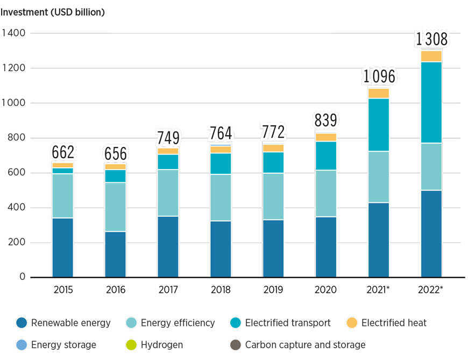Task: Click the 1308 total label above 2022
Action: pos(431,39)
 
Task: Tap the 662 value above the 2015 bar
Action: pos(63,152)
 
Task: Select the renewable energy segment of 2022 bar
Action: pos(431,234)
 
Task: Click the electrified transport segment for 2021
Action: pos(379,125)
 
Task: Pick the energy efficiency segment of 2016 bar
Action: pos(116,207)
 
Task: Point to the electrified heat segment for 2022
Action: pos(431,56)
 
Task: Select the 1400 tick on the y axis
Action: pos(15,33)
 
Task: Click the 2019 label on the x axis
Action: pos(274,290)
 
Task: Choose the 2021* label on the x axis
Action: pos(379,290)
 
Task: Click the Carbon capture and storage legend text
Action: pos(305,345)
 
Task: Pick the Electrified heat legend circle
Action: pos(352,323)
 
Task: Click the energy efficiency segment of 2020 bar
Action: pos(326,194)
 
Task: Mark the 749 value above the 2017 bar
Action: pos(168,138)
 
